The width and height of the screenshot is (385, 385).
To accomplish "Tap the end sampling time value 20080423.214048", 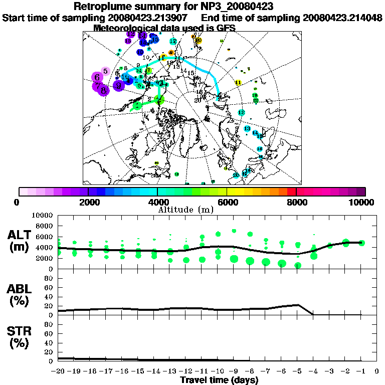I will (343, 18).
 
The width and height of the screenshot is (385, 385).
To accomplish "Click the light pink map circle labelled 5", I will (105, 71).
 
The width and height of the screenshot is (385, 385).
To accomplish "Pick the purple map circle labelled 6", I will (97, 77).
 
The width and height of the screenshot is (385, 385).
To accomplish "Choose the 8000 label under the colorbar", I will (296, 202).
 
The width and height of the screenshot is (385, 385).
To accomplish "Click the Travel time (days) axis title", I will (219, 380).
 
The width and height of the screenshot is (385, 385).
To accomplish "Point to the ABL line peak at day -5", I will (298, 304).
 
